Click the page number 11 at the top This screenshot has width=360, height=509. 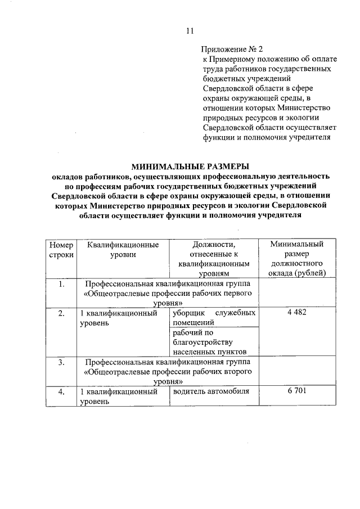click(x=190, y=31)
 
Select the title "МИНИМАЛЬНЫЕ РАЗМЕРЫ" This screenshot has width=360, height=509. click(x=190, y=166)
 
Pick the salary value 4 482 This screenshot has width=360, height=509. click(x=296, y=313)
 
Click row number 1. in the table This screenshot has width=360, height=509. click(x=61, y=283)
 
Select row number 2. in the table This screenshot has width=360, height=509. click(x=61, y=313)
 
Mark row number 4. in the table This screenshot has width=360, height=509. click(x=61, y=391)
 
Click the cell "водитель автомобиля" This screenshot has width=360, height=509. click(x=210, y=391)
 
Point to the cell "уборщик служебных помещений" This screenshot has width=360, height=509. click(x=214, y=318)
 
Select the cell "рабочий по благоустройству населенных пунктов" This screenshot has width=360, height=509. click(x=206, y=342)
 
